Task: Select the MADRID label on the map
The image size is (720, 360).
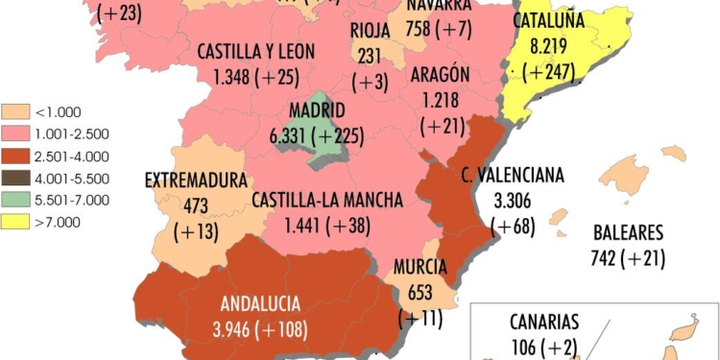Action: tap(318, 111)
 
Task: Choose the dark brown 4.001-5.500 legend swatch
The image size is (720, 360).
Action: tap(15, 179)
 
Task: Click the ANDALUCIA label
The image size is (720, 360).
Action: tap(260, 304)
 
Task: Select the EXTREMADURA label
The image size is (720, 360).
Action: tap(196, 180)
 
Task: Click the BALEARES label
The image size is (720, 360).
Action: tap(629, 232)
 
